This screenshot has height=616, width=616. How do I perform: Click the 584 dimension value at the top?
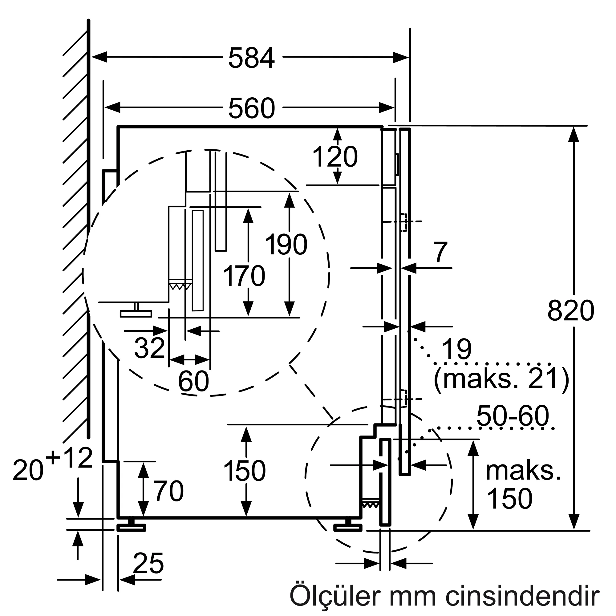pos(251,58)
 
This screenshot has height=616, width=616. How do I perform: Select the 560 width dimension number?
pos(251,108)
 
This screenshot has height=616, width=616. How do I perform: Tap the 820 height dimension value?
pos(571,310)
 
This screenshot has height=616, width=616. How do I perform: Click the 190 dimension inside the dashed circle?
pos(286,245)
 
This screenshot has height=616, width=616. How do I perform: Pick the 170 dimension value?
pos(244,276)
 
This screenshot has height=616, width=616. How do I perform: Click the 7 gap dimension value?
pos(440,252)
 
